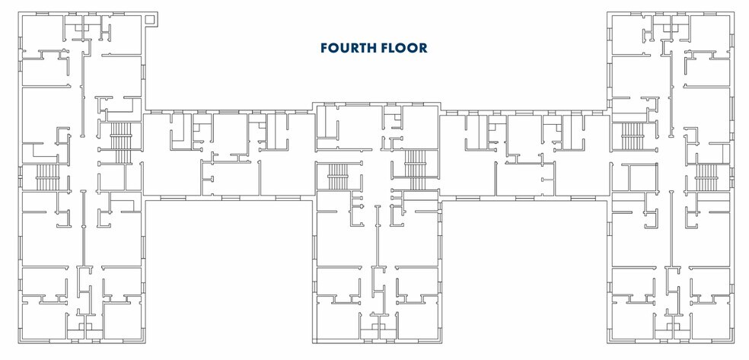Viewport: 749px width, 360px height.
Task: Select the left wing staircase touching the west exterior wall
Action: tap(47, 177)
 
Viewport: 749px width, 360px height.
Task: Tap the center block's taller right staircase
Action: tap(416, 170)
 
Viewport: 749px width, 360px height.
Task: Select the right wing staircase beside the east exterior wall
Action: tap(706, 177)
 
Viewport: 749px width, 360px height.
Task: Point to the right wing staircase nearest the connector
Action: tap(633, 137)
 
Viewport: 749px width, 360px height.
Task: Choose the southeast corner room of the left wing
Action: tap(122, 320)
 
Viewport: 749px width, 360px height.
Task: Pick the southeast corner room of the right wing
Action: tap(712, 320)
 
